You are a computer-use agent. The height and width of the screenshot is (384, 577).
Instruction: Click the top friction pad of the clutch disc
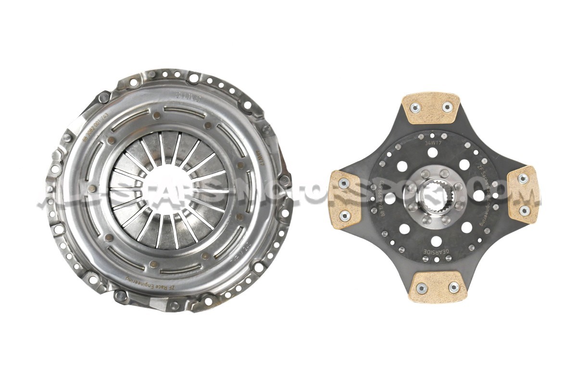tap(431, 108)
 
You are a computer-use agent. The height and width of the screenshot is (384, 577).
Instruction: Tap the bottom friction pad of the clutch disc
tap(438, 287)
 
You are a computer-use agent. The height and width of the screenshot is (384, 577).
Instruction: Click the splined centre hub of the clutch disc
tap(431, 194)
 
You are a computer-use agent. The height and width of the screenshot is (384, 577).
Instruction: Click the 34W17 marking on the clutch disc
tap(434, 143)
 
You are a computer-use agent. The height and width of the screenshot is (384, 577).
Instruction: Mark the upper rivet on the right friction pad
tap(524, 178)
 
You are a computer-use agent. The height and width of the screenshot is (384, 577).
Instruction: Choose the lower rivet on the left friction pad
tap(345, 216)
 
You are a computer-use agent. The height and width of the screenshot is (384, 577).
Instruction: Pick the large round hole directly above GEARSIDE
tap(437, 240)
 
